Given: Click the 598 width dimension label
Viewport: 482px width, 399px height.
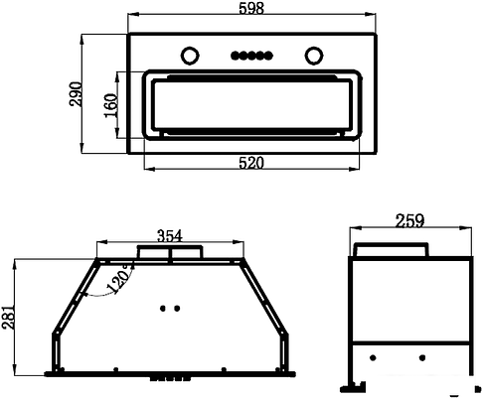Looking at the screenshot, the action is (x=251, y=8).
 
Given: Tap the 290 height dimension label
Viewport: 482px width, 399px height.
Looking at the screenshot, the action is (x=76, y=93).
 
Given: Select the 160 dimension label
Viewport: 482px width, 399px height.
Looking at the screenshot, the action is (x=110, y=105).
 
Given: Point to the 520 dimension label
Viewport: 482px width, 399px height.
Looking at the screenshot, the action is (x=251, y=163).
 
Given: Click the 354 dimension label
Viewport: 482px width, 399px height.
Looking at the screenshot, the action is (x=170, y=236).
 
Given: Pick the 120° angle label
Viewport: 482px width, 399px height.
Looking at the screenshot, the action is (x=119, y=279).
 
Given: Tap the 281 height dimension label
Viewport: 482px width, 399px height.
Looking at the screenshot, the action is (x=8, y=317).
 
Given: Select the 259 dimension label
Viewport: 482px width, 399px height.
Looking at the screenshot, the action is (x=409, y=221).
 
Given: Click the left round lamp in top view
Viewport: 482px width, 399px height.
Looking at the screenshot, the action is (x=190, y=56).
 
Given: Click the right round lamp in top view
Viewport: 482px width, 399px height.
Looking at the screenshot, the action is (x=314, y=56).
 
